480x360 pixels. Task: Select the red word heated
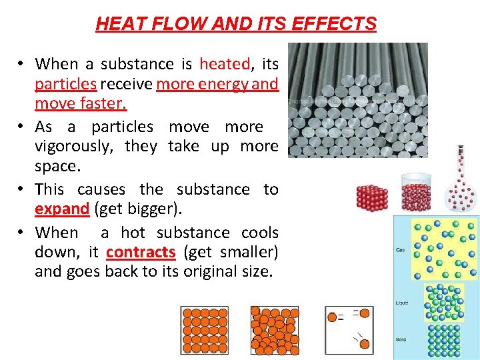(x=225, y=64)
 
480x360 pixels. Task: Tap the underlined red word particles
(x=66, y=84)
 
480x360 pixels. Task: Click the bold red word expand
(x=62, y=209)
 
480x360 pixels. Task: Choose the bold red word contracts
(x=141, y=252)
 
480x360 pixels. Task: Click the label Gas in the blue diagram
(x=401, y=251)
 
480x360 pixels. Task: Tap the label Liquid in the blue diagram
(x=401, y=303)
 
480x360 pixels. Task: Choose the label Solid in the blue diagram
(x=401, y=340)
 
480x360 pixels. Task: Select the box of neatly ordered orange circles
(x=204, y=329)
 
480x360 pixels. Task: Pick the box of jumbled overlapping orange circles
(x=275, y=329)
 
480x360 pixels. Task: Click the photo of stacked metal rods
(x=357, y=100)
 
